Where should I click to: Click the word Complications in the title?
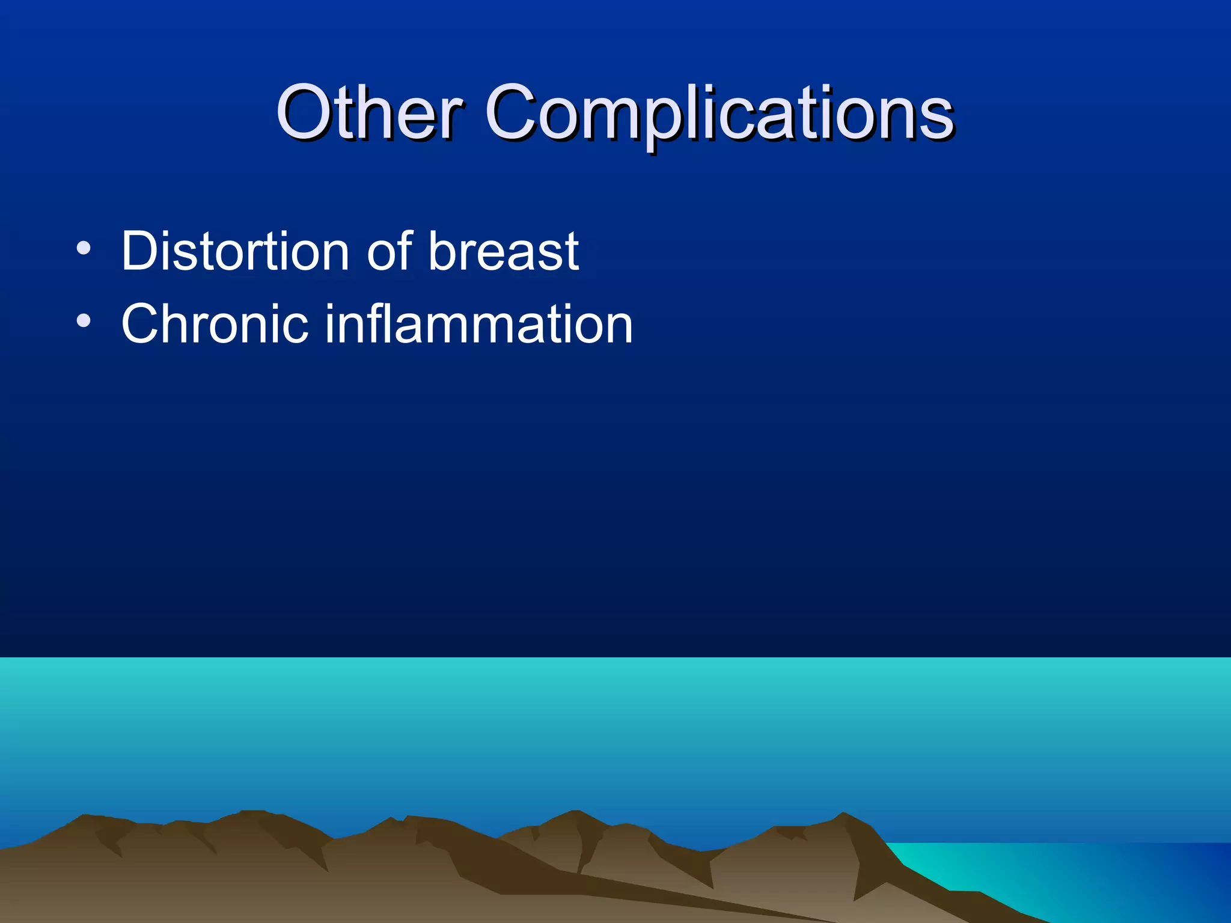[719, 113]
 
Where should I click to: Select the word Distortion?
[235, 251]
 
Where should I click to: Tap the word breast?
[504, 251]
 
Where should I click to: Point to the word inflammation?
[479, 324]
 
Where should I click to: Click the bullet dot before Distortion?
[84, 248]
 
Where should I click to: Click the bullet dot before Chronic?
[84, 321]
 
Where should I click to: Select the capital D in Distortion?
[140, 251]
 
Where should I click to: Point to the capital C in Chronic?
[142, 324]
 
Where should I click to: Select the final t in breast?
[571, 252]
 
